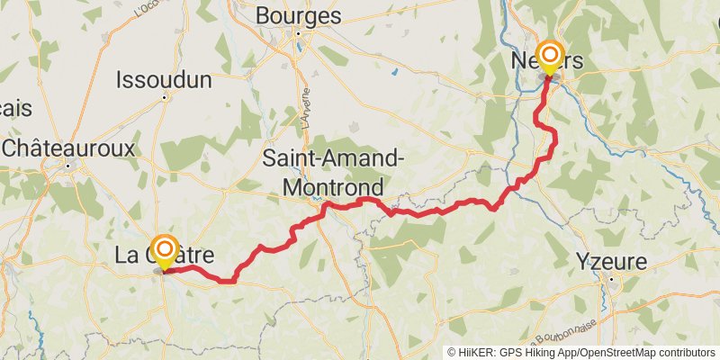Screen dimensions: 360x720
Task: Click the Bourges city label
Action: point(299,15)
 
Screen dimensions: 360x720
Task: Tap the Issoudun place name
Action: point(164,80)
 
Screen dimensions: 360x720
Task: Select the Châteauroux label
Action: point(69,148)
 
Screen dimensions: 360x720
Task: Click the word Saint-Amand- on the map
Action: point(332,159)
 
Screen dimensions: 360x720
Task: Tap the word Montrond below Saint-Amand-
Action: point(332,186)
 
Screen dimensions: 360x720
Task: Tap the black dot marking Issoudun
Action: point(165,96)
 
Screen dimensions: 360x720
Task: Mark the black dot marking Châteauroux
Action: point(69,164)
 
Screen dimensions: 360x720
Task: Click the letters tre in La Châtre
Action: point(199,256)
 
